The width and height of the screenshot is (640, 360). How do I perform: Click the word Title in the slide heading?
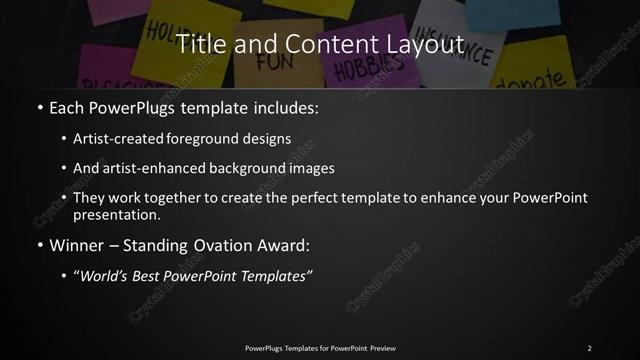(198, 44)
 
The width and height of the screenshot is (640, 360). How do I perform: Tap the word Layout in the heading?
(425, 44)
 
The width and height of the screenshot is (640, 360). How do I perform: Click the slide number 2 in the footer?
(590, 348)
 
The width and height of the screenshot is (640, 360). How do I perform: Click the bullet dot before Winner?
(39, 243)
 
